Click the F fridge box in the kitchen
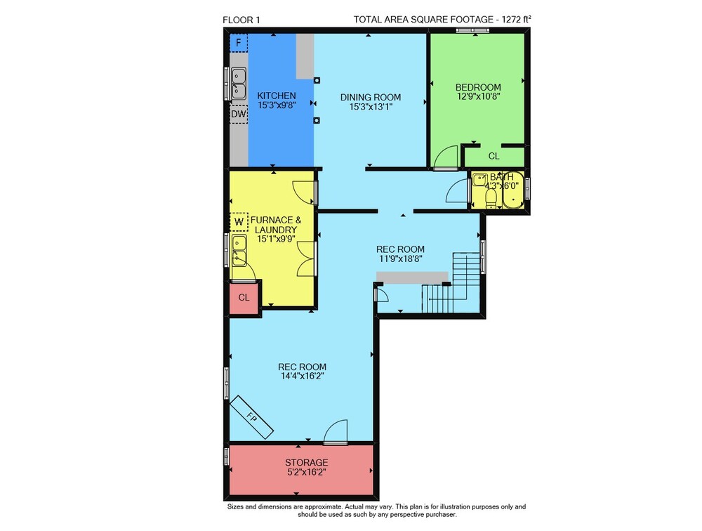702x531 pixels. tap(239, 43)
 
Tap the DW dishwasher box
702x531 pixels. tap(239, 114)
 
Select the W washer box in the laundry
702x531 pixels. tap(239, 222)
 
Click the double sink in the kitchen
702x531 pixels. tap(239, 83)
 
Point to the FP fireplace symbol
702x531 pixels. tap(251, 417)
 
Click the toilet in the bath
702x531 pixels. tap(491, 198)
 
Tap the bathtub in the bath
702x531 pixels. tap(513, 190)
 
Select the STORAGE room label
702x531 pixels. tap(307, 462)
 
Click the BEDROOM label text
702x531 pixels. tap(478, 87)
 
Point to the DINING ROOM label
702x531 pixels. tap(371, 97)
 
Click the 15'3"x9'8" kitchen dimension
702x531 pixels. tap(277, 105)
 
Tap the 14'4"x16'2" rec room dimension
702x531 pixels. tap(302, 376)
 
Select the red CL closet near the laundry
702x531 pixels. tap(244, 298)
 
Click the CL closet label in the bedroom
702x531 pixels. tap(494, 156)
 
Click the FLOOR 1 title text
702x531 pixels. tap(241, 20)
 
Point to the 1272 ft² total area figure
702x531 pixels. tap(517, 19)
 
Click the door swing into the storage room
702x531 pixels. tap(336, 431)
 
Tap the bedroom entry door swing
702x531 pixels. tap(446, 157)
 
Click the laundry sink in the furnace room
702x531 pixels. tap(239, 251)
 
